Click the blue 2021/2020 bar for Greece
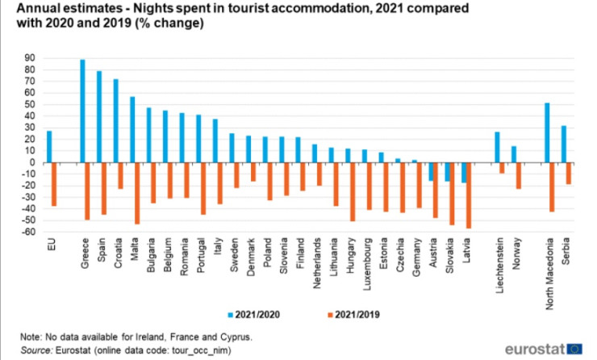pos(83,111)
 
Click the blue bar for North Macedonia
pos(547,132)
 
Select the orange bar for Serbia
pos(570,173)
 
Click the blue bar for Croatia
pos(116,120)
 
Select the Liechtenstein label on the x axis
pos(501,263)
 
